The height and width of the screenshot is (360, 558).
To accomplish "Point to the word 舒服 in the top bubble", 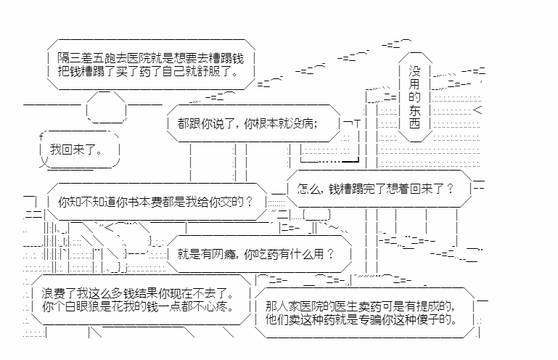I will point(231,71).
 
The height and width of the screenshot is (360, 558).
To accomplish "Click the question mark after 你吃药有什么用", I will point(330,253).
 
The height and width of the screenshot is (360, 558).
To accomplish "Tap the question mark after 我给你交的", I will point(250,201).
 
